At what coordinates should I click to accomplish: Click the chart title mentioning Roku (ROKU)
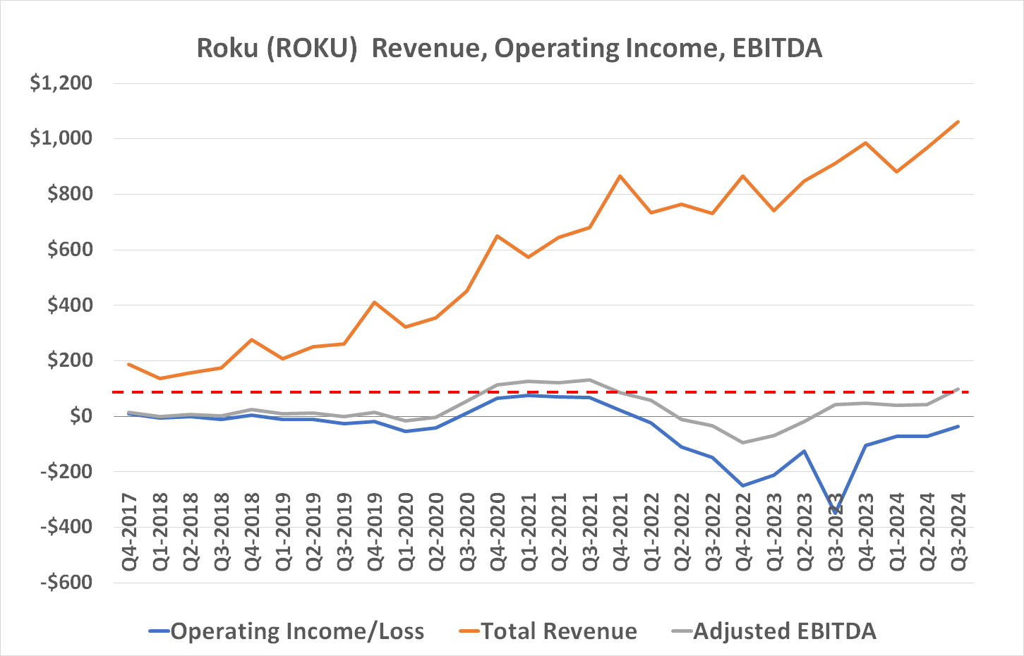(509, 49)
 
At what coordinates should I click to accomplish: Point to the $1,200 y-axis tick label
(61, 83)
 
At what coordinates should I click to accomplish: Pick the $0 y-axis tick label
(81, 416)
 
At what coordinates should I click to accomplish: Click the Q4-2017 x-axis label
(130, 533)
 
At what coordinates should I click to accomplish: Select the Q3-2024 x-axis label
(958, 533)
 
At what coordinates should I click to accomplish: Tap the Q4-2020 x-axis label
(498, 533)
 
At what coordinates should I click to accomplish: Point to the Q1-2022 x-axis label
(651, 533)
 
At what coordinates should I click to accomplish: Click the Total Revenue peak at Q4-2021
(620, 176)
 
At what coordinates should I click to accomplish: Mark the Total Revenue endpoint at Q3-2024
(958, 121)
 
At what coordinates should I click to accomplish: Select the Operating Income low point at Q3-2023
(835, 512)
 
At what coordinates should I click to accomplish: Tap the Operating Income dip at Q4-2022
(742, 485)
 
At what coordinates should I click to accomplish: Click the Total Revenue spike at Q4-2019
(374, 302)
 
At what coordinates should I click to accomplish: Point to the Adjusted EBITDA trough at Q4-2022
(742, 442)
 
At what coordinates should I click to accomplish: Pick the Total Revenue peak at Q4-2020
(498, 236)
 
